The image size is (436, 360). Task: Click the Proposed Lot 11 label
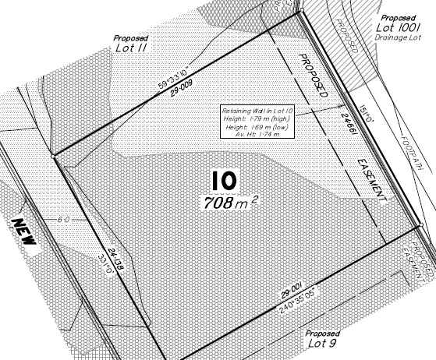[x=131, y=44]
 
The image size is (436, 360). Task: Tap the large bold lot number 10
[x=223, y=181]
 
